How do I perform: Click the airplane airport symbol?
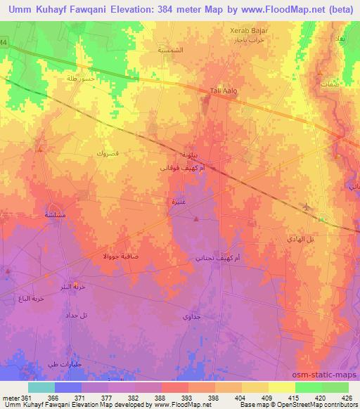[x=306, y=207]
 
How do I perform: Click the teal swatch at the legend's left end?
[x=41, y=387]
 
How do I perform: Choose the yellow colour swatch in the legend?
[x=282, y=387]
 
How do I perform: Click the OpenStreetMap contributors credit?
[x=311, y=404]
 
